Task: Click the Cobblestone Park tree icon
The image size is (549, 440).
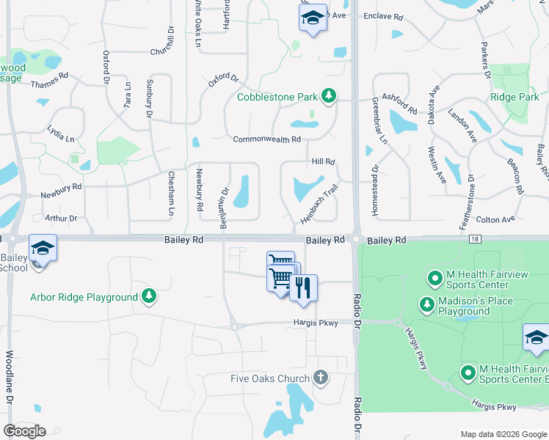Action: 330,96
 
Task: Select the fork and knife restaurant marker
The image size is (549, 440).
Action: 303,288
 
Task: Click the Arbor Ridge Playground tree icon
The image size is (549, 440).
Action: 149,296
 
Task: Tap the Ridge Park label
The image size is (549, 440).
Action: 515,97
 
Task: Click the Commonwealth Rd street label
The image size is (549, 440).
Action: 266,139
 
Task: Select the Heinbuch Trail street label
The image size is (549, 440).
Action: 319,205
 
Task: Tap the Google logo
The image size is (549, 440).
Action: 24,430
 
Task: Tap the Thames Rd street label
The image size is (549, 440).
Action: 49,80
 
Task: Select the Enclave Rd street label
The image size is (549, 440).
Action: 383,15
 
